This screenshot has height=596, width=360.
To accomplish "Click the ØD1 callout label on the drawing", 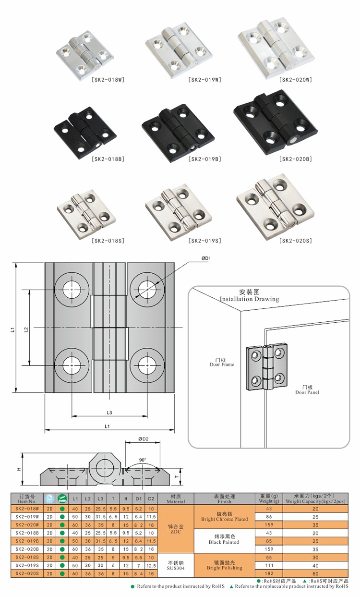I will point(206,258).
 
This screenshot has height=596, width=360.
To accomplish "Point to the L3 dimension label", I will point(109,412).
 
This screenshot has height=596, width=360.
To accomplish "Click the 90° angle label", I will point(143,460).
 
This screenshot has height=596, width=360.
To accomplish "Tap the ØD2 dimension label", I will point(143,438).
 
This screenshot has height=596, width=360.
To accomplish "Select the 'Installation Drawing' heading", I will point(249,299).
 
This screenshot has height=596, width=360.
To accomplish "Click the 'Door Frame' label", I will point(222,362).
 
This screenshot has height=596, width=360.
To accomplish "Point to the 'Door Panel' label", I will point(307,390).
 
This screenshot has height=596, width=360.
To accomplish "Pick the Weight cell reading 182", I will point(268,573).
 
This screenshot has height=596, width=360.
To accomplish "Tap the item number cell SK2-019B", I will point(27,540).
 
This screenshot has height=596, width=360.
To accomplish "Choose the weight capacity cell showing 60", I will point(315,573).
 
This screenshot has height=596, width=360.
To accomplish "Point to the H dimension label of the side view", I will point(19,469).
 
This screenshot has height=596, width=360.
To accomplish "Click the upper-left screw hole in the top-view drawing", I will point(72,289).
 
